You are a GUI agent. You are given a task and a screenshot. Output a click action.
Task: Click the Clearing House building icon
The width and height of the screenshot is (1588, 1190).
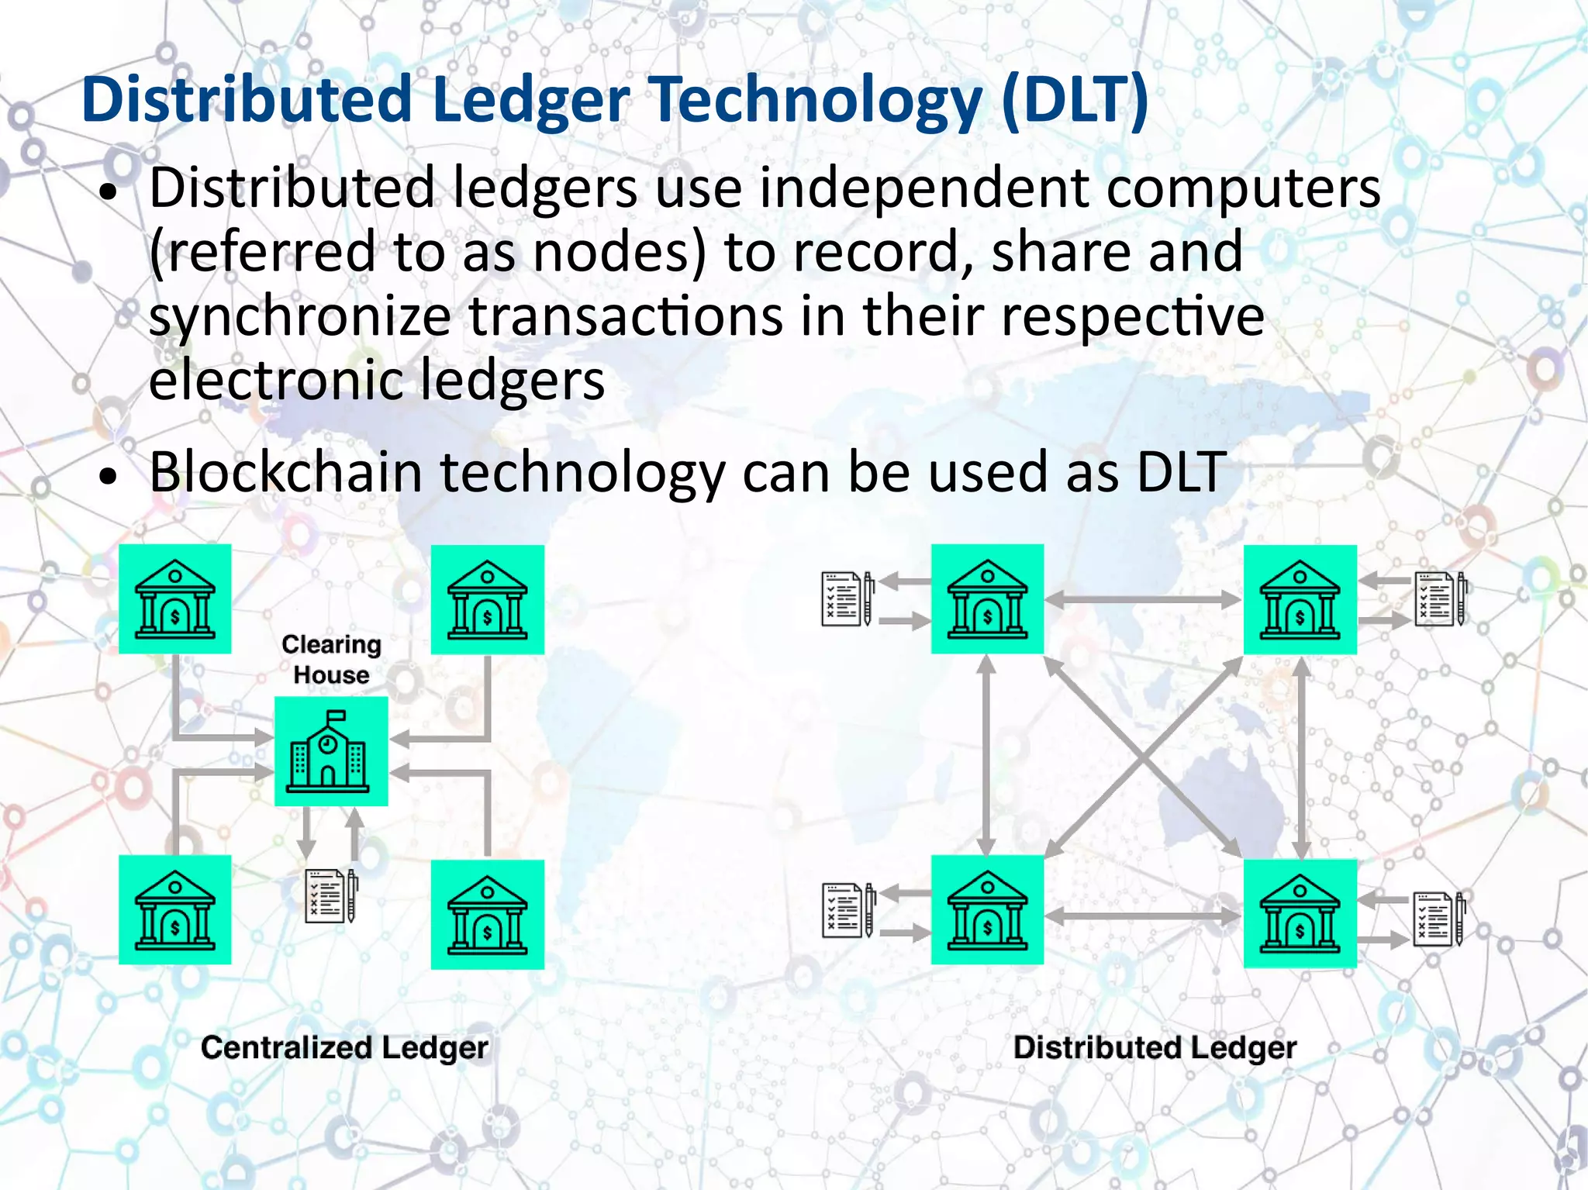pyautogui.click(x=331, y=751)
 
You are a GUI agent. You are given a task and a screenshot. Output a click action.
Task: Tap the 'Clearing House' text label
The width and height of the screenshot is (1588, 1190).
pyautogui.click(x=331, y=659)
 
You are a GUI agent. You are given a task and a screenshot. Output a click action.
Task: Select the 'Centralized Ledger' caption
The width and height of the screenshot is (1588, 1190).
pyautogui.click(x=344, y=1047)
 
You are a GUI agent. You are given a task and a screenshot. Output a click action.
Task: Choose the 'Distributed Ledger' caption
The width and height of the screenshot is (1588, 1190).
pyautogui.click(x=1155, y=1047)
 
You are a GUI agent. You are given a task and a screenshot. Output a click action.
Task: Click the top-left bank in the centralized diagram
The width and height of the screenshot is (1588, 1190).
pyautogui.click(x=175, y=599)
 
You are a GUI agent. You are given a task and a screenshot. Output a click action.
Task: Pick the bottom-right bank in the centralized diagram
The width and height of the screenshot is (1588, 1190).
pyautogui.click(x=487, y=914)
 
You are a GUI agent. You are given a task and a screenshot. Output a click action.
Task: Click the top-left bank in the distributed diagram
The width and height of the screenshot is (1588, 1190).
pyautogui.click(x=987, y=599)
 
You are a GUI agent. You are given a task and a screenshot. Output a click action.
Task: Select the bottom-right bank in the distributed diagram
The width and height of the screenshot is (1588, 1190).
pyautogui.click(x=1300, y=914)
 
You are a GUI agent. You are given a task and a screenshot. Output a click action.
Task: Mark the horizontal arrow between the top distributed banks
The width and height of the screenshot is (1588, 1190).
pyautogui.click(x=1143, y=599)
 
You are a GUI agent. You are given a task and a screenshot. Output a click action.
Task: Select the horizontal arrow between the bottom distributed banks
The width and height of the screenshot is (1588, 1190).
pyautogui.click(x=1143, y=916)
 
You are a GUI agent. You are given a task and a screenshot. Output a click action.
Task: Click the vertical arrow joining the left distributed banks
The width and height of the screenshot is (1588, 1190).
pyautogui.click(x=986, y=756)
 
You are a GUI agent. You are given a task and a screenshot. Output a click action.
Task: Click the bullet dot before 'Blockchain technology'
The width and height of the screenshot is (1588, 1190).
pyautogui.click(x=109, y=476)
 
